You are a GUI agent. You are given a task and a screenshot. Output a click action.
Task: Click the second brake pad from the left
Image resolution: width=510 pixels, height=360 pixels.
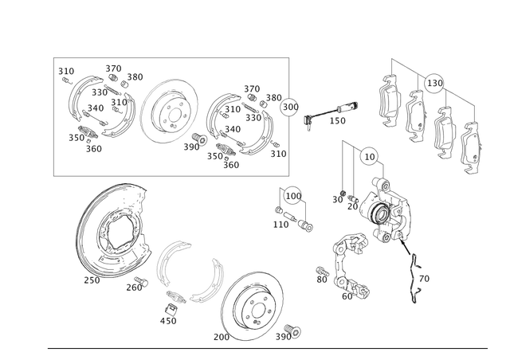click(x=416, y=115)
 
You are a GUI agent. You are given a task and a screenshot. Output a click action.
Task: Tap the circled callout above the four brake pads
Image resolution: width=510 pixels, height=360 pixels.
click(x=435, y=80)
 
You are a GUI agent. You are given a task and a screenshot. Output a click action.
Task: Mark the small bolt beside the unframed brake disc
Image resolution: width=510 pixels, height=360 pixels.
click(x=290, y=329)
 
